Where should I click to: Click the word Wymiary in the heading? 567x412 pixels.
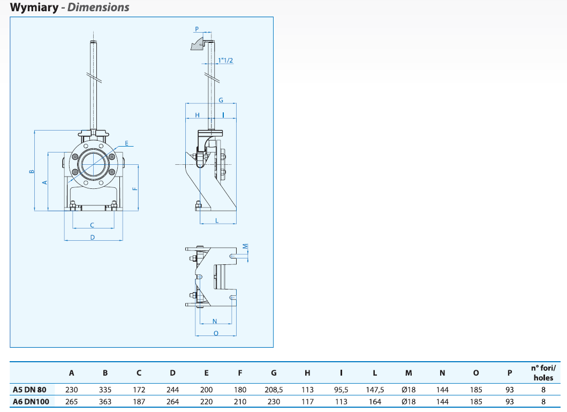(x=33, y=7)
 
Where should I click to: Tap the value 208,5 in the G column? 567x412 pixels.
(x=274, y=390)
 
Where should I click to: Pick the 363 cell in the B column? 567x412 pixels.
(x=105, y=401)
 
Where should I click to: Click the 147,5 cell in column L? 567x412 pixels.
(x=375, y=390)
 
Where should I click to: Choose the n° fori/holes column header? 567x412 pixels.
(x=543, y=372)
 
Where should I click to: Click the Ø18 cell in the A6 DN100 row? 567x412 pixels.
(x=409, y=401)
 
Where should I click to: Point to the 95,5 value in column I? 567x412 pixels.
(x=341, y=390)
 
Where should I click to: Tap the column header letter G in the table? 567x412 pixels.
(x=274, y=373)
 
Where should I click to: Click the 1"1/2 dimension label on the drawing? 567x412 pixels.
(x=225, y=61)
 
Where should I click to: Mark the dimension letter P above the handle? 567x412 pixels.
(x=196, y=29)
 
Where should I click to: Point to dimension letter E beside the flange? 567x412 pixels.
(x=127, y=143)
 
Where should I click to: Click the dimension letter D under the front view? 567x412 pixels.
(x=92, y=236)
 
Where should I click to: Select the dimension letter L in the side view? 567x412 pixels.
(x=217, y=220)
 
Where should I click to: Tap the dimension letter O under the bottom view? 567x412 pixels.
(x=216, y=332)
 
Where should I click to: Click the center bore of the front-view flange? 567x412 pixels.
(x=92, y=163)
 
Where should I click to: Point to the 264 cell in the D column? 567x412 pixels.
(x=172, y=401)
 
